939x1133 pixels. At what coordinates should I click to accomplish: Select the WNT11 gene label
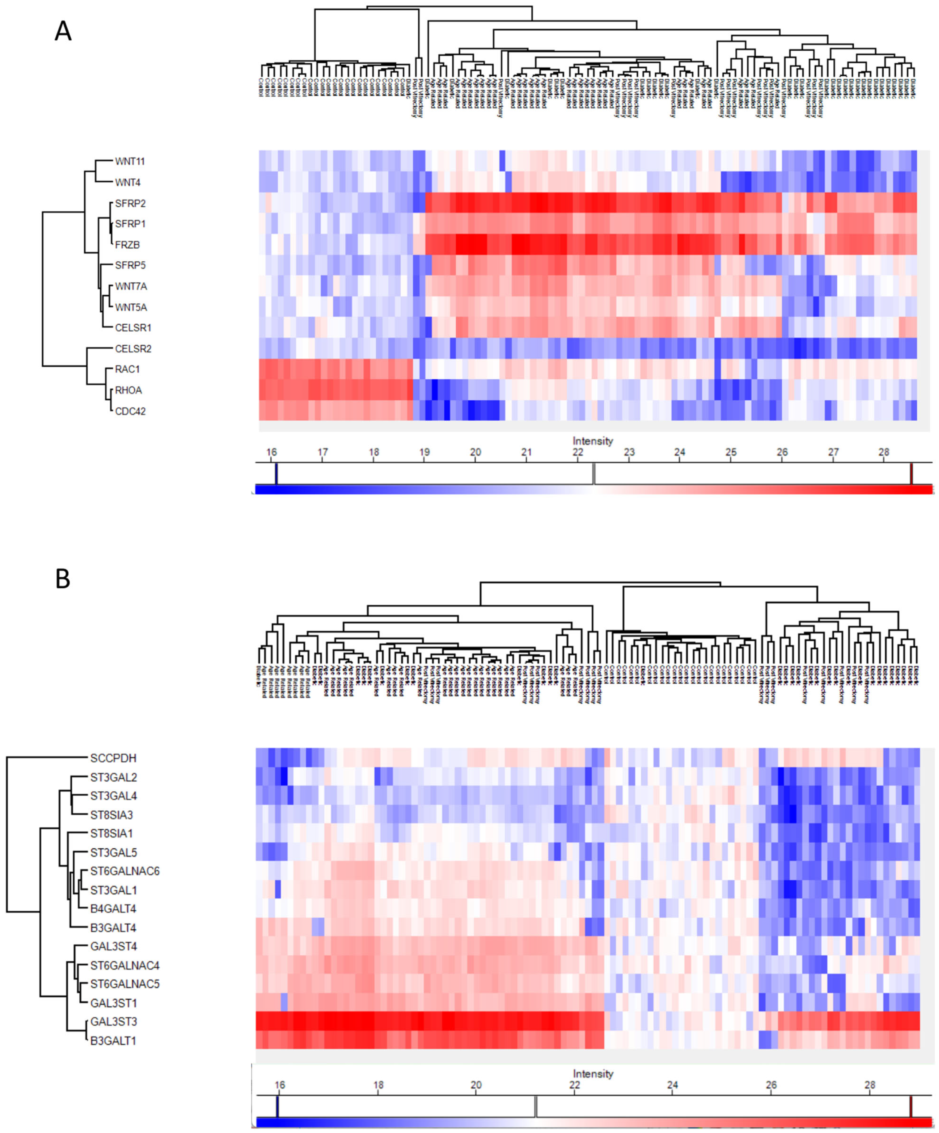point(130,161)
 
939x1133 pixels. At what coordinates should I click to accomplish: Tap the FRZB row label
point(127,244)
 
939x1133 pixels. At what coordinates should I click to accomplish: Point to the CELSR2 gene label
point(133,349)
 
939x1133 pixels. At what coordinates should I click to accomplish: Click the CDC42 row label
point(130,411)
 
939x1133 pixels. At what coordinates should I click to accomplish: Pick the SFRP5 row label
point(130,265)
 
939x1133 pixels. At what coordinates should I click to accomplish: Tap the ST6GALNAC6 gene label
point(125,871)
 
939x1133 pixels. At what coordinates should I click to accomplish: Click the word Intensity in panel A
point(593,441)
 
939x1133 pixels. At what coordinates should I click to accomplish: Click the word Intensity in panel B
point(593,1074)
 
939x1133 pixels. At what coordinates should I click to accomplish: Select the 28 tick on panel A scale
point(883,452)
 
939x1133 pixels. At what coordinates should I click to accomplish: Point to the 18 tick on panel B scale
point(378,1085)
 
